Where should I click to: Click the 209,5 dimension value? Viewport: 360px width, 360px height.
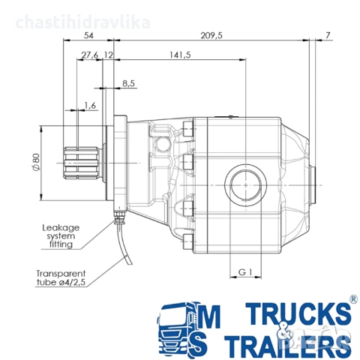pyautogui.click(x=211, y=35)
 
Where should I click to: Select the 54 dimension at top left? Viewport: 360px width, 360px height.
pyautogui.click(x=88, y=35)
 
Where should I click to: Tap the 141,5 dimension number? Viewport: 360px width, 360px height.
pyautogui.click(x=180, y=55)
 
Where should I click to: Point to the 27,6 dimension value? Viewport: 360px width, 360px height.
pyautogui.click(x=90, y=55)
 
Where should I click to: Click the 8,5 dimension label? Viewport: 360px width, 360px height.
pyautogui.click(x=129, y=83)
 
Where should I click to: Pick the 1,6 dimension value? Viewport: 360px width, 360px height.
pyautogui.click(x=90, y=106)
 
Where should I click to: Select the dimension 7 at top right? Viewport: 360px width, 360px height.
pyautogui.click(x=328, y=35)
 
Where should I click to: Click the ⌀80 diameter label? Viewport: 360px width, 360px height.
pyautogui.click(x=36, y=162)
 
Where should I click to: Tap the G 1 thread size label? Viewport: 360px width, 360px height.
pyautogui.click(x=245, y=271)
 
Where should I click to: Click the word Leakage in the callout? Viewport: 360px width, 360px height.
pyautogui.click(x=61, y=227)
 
